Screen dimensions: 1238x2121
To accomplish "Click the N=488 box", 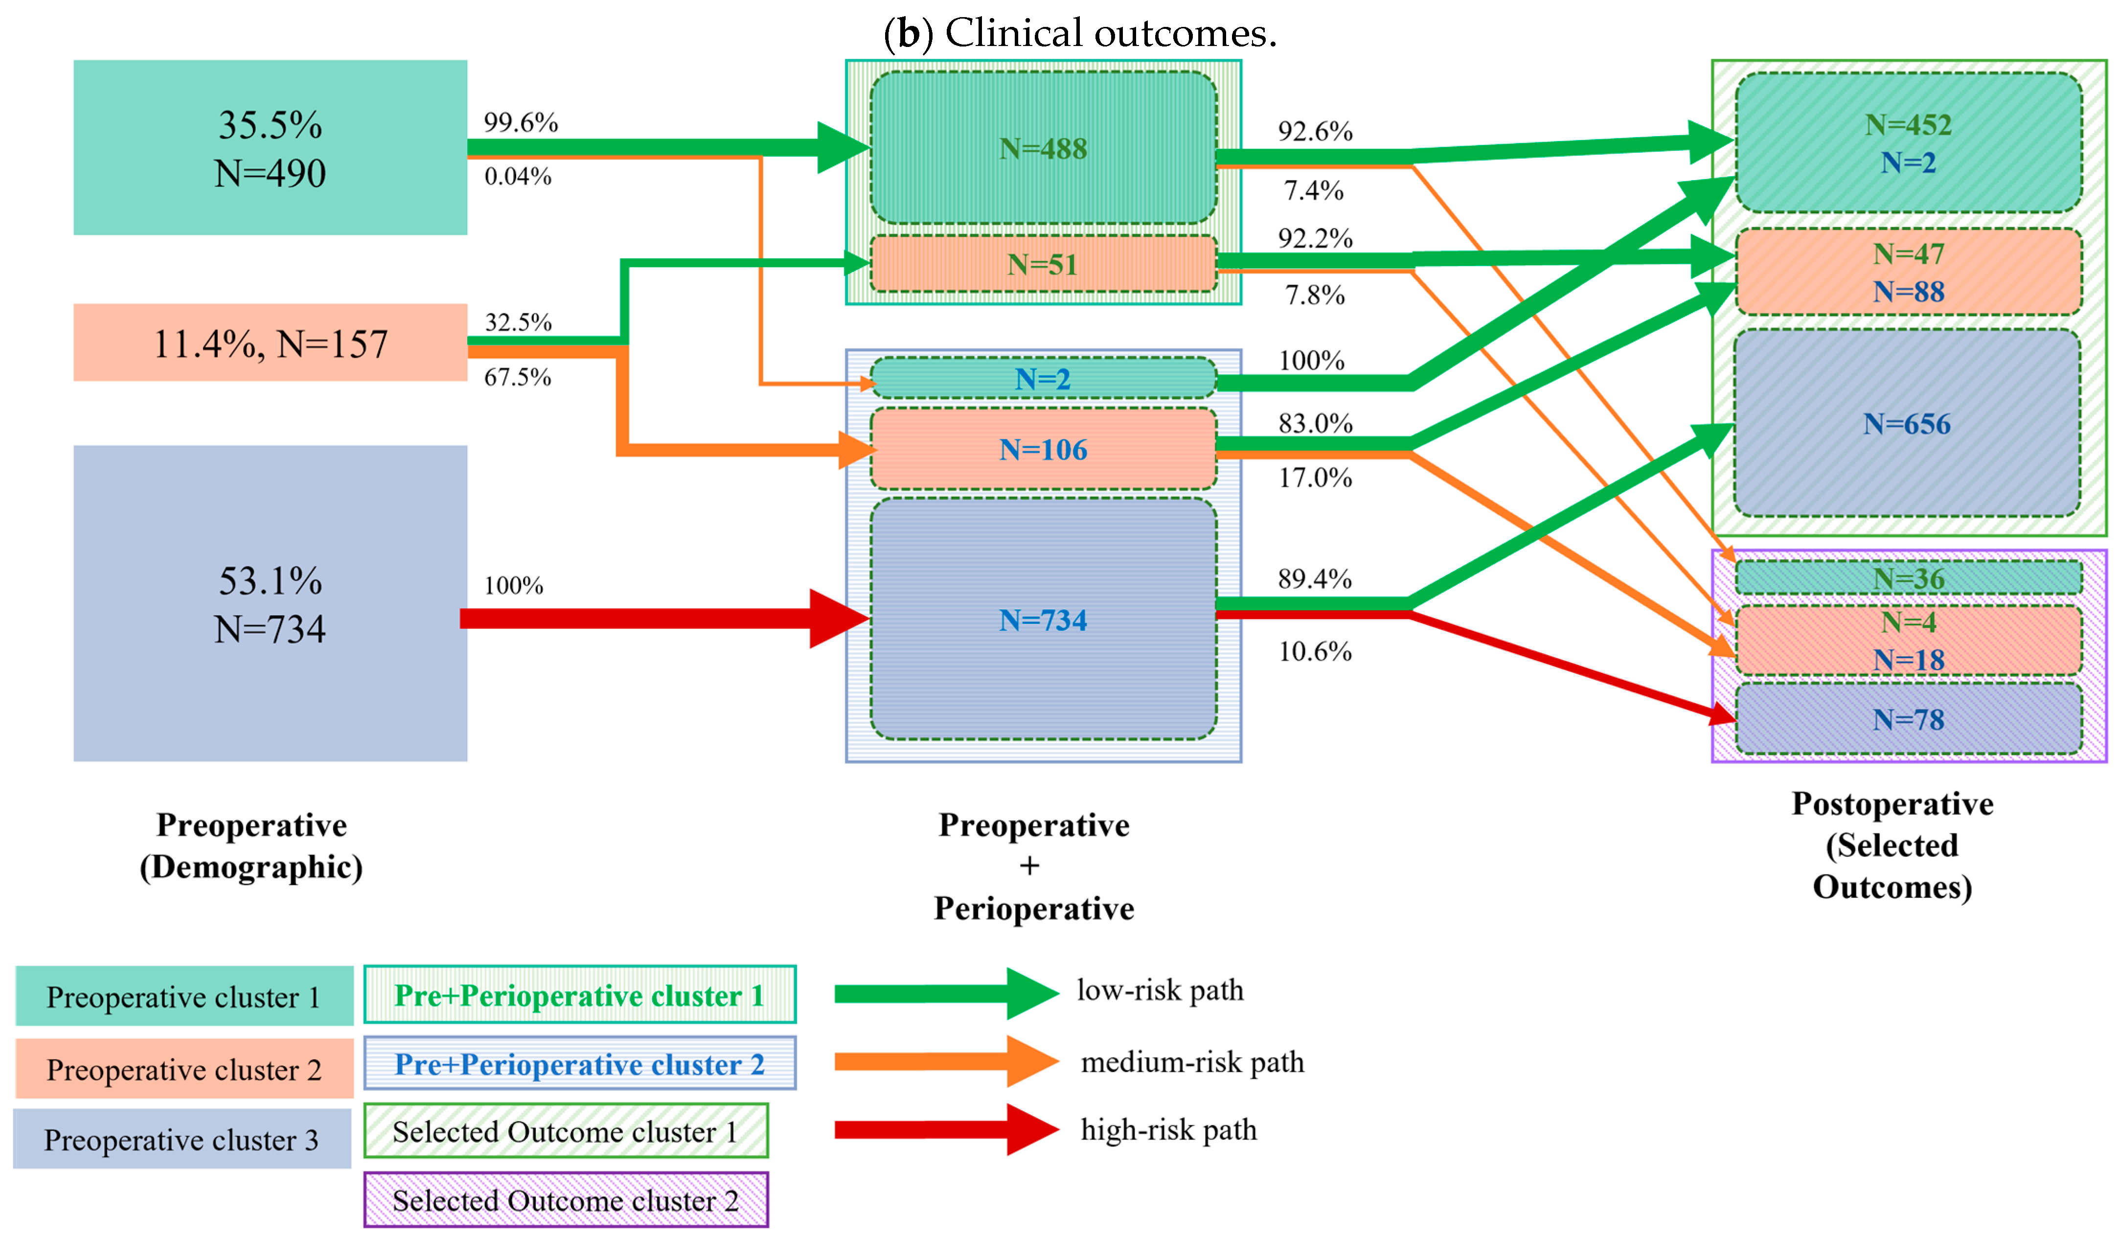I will point(1043,148).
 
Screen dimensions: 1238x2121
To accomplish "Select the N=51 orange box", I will point(1043,264).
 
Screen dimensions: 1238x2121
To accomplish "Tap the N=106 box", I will point(1043,449).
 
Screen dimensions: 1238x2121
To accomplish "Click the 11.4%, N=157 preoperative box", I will point(270,344).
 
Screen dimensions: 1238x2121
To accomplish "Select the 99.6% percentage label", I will point(520,123).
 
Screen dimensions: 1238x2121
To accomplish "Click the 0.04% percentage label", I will point(518,177).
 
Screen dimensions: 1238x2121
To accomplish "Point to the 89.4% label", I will point(1315,579).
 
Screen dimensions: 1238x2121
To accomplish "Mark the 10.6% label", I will point(1315,651).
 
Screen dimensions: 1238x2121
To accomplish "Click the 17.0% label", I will point(1315,478).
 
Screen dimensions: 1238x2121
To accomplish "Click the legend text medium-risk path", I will point(1192,1062).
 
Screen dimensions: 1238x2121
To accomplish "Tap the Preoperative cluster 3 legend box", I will point(182,1140).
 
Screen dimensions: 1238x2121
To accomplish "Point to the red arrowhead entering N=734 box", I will point(838,619).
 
